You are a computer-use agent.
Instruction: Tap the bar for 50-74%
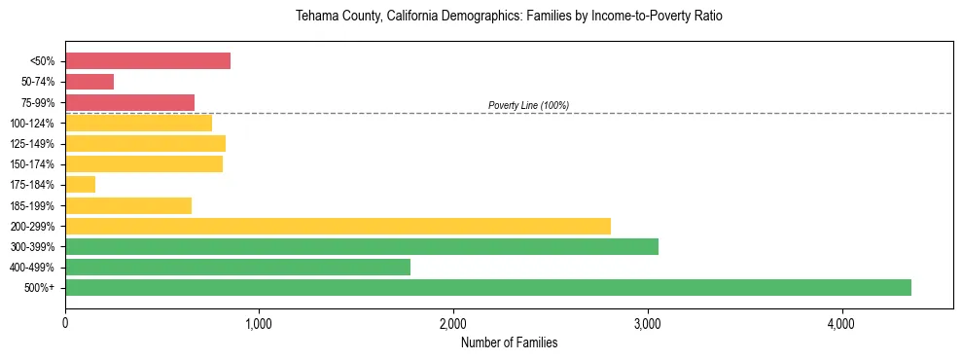pos(89,82)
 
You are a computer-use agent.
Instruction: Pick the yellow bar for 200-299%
pos(338,227)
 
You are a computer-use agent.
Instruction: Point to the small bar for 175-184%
pos(81,185)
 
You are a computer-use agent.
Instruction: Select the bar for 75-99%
pos(129,102)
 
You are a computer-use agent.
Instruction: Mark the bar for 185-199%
pos(128,205)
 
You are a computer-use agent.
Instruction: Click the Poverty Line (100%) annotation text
pos(528,105)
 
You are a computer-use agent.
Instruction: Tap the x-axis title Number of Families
pos(509,342)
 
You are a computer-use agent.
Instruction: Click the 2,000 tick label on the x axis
pos(453,324)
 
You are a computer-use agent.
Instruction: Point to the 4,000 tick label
pos(841,324)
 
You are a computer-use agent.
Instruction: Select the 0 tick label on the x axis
pos(65,324)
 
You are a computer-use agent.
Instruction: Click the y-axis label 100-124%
pos(33,124)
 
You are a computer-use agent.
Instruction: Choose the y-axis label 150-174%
pos(33,164)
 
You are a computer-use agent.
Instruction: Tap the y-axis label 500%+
pos(39,288)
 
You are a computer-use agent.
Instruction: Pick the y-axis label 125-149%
pos(33,144)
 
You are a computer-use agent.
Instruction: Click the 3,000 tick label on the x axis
pos(648,324)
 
